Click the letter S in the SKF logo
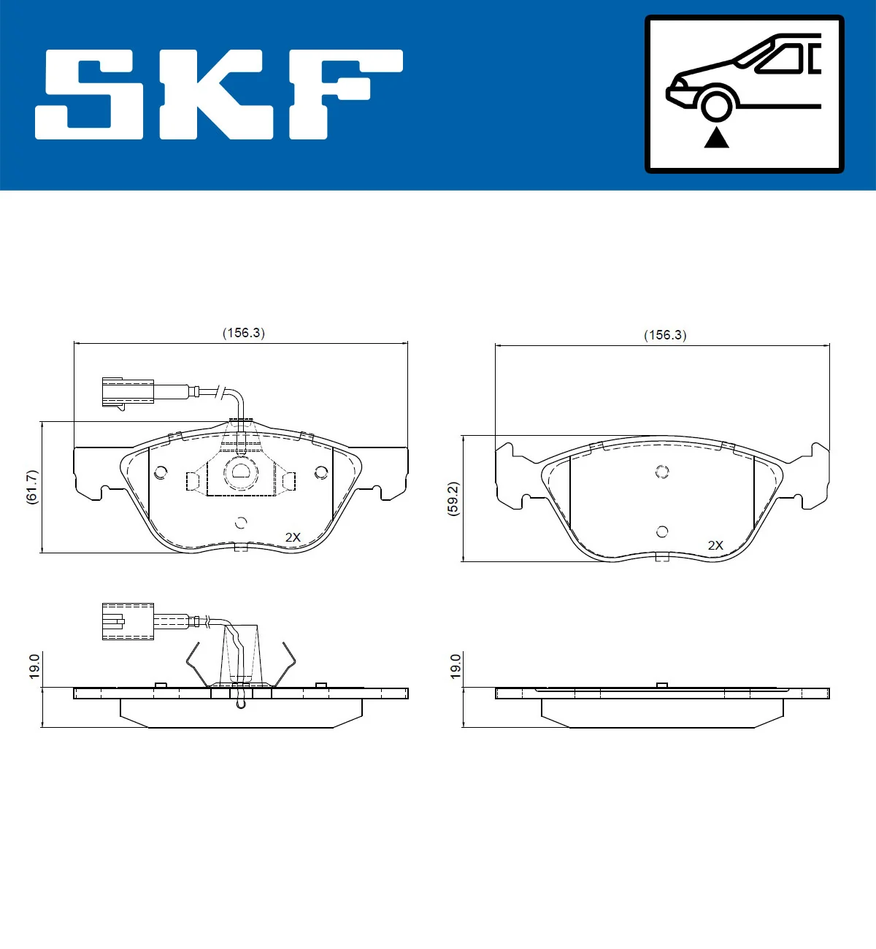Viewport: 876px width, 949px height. click(89, 94)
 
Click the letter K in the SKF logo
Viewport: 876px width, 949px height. click(216, 94)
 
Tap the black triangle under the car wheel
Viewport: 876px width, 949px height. click(716, 139)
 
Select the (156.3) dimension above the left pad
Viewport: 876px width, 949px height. click(244, 333)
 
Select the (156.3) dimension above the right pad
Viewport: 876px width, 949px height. click(665, 335)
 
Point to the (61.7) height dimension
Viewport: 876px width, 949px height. click(31, 487)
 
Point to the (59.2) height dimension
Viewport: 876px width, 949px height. click(453, 499)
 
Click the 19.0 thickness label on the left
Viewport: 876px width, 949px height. click(34, 666)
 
